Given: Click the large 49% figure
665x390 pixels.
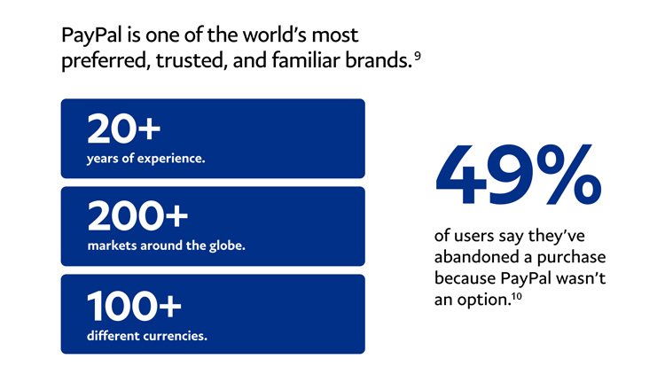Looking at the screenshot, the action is [x=519, y=174].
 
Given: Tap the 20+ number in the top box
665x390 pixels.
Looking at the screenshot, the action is [x=124, y=129].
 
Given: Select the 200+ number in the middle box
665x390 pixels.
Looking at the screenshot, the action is [x=137, y=216].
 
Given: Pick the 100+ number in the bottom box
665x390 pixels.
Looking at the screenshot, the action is [x=134, y=306].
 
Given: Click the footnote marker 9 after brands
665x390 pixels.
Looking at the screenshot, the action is [x=418, y=55].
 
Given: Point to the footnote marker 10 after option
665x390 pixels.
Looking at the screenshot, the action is [x=517, y=296].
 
